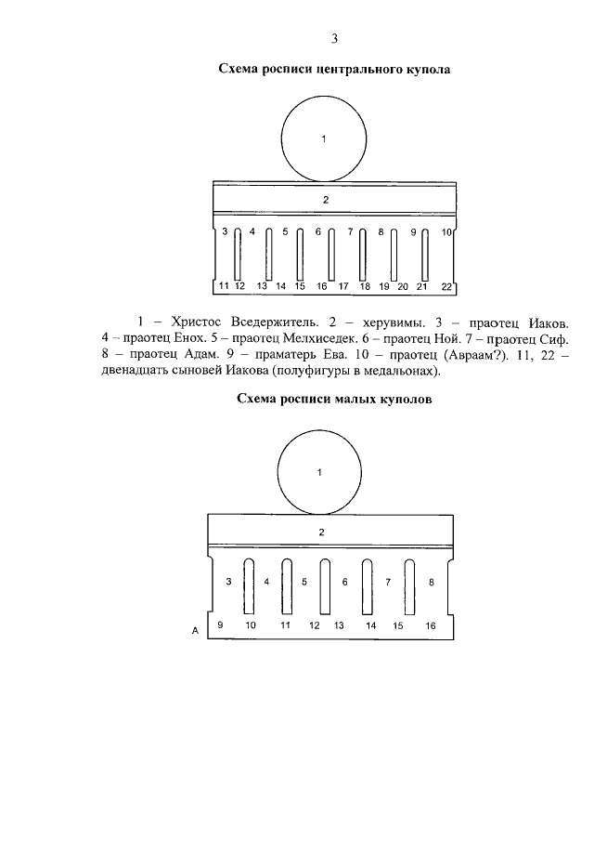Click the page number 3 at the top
click(334, 38)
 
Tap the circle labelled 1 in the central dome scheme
click(324, 139)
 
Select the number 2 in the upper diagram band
click(325, 200)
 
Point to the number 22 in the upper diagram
click(446, 286)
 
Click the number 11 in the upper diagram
click(224, 286)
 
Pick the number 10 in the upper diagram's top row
click(446, 231)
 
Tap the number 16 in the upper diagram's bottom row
click(322, 286)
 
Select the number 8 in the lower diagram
click(431, 583)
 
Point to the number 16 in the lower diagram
click(430, 626)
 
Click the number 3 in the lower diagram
click(228, 583)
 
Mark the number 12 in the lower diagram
click(314, 626)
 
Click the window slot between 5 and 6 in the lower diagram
click(325, 587)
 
